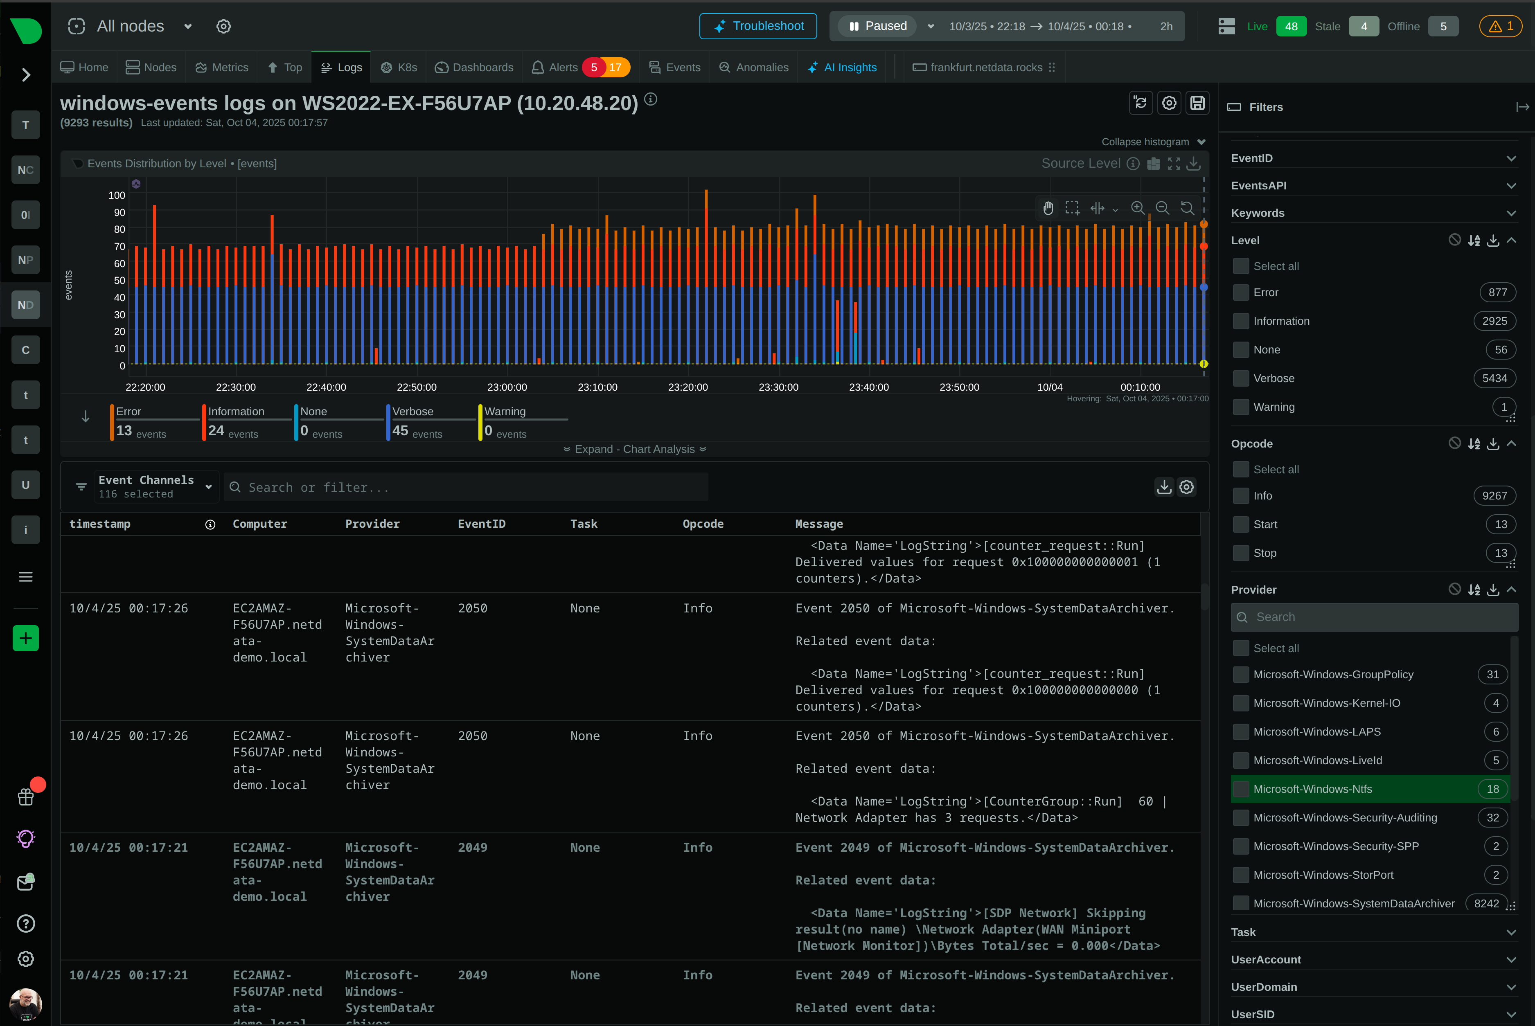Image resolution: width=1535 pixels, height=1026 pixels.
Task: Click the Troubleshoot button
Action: tap(757, 26)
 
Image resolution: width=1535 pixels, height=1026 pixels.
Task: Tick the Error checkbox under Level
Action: tap(1240, 292)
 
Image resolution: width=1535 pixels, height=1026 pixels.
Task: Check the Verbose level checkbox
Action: tap(1240, 378)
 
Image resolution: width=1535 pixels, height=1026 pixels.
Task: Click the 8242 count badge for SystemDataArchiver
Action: tap(1486, 904)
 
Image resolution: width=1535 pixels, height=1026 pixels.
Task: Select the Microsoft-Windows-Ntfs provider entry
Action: tap(1312, 789)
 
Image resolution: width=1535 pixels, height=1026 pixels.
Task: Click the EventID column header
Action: tap(481, 524)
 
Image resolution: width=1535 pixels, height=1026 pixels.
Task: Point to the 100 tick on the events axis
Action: tap(117, 195)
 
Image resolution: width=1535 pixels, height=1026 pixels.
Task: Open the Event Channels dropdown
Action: tap(154, 487)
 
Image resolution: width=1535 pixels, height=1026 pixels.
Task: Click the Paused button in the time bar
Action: tap(878, 26)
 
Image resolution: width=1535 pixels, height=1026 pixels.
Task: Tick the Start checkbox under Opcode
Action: tap(1240, 524)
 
